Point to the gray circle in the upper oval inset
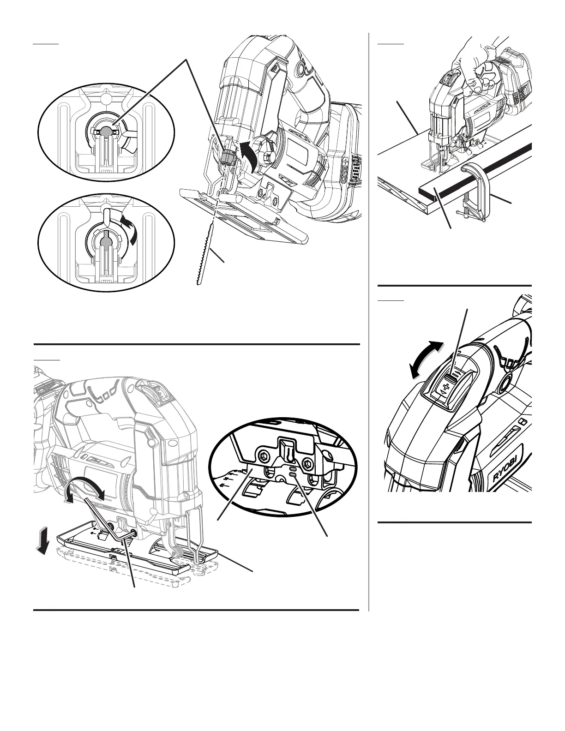point(106,131)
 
